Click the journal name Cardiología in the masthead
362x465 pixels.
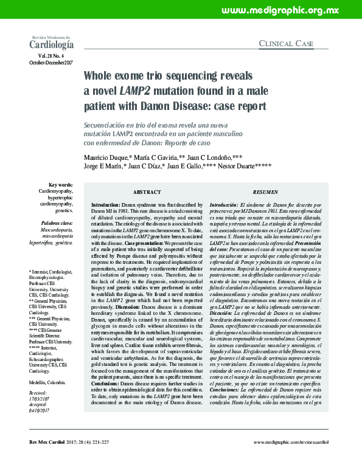tap(52, 44)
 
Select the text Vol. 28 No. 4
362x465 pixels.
tap(54, 56)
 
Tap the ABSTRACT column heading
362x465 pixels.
tap(150, 191)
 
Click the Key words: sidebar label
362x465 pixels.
tap(60, 184)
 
